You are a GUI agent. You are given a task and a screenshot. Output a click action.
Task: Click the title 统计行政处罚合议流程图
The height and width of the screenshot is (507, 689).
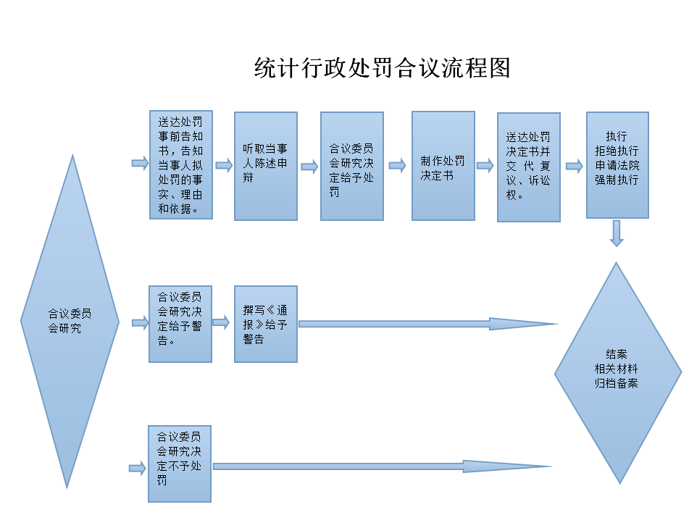(383, 68)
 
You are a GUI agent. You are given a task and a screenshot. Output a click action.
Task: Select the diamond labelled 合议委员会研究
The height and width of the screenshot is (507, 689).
(70, 321)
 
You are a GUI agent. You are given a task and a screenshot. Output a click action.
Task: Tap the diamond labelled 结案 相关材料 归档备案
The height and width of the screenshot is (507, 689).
(617, 372)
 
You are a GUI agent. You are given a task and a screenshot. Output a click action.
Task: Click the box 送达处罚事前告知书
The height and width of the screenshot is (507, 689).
(180, 164)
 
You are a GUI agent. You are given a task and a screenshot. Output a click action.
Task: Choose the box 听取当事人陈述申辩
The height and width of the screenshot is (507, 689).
(266, 166)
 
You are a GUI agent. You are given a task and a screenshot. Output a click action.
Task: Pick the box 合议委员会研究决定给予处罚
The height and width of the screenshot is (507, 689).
(351, 166)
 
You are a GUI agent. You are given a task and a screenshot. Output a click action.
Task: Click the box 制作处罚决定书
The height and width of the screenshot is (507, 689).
(443, 166)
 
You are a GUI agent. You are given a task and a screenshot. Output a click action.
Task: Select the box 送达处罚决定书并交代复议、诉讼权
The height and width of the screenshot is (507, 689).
(528, 167)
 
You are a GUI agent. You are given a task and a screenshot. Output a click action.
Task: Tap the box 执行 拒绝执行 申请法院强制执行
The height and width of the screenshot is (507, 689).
(617, 164)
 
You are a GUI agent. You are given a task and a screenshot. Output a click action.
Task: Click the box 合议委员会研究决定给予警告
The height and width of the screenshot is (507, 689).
(180, 324)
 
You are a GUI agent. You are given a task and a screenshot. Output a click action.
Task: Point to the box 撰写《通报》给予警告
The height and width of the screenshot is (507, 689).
(266, 324)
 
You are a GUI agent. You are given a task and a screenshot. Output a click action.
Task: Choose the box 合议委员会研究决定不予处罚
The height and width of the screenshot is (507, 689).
(180, 464)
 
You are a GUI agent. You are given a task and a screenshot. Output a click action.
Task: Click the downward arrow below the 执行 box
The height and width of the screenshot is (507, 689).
(617, 233)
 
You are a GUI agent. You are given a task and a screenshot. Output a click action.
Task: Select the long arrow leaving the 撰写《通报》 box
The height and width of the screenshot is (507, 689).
(427, 324)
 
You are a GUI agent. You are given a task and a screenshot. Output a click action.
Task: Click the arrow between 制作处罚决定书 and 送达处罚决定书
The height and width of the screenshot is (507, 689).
(485, 165)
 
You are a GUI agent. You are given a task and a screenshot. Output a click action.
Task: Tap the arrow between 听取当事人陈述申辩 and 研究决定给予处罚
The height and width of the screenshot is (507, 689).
(309, 167)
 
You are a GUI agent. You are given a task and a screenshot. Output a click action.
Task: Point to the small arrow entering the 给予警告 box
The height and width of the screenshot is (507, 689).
(140, 323)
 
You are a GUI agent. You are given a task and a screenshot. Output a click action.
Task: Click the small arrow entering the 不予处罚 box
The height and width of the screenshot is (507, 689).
(137, 469)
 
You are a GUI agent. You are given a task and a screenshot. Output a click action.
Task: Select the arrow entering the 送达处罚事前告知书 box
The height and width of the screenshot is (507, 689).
(140, 164)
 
